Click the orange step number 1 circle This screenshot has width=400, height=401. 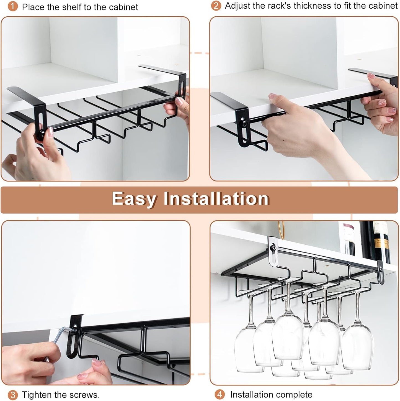tap(12, 7)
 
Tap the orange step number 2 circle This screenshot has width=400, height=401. tap(216, 6)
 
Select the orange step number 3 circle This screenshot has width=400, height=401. tap(12, 395)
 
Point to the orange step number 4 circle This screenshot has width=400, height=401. tap(220, 394)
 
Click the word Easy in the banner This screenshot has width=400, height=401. tap(134, 199)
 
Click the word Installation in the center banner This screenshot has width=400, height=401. tap(216, 199)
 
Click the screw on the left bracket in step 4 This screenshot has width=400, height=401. tap(274, 247)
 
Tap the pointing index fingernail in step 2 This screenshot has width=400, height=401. tap(273, 96)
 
